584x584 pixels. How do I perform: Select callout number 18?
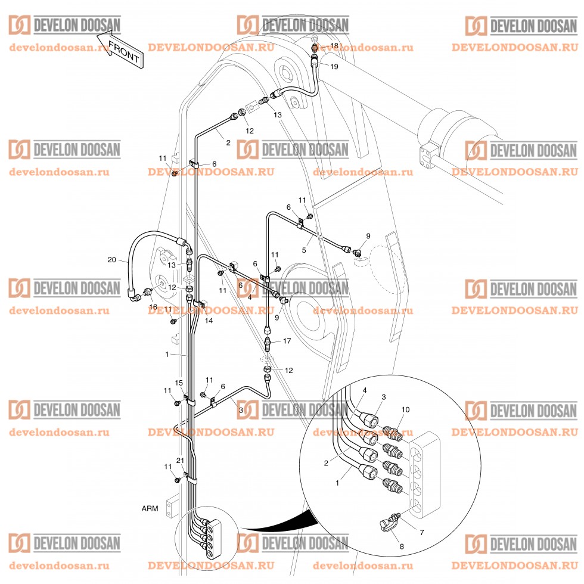click(x=334, y=45)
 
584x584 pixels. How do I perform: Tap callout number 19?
click(x=334, y=67)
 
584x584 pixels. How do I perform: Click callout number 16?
click(x=153, y=307)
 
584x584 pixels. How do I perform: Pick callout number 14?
click(x=209, y=321)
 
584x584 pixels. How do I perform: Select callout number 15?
click(x=178, y=382)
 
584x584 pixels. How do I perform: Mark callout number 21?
click(x=180, y=460)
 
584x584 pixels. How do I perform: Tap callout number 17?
click(x=287, y=341)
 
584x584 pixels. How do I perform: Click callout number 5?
click(x=304, y=250)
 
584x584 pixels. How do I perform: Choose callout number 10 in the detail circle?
click(x=406, y=409)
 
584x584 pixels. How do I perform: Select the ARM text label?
click(x=150, y=509)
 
